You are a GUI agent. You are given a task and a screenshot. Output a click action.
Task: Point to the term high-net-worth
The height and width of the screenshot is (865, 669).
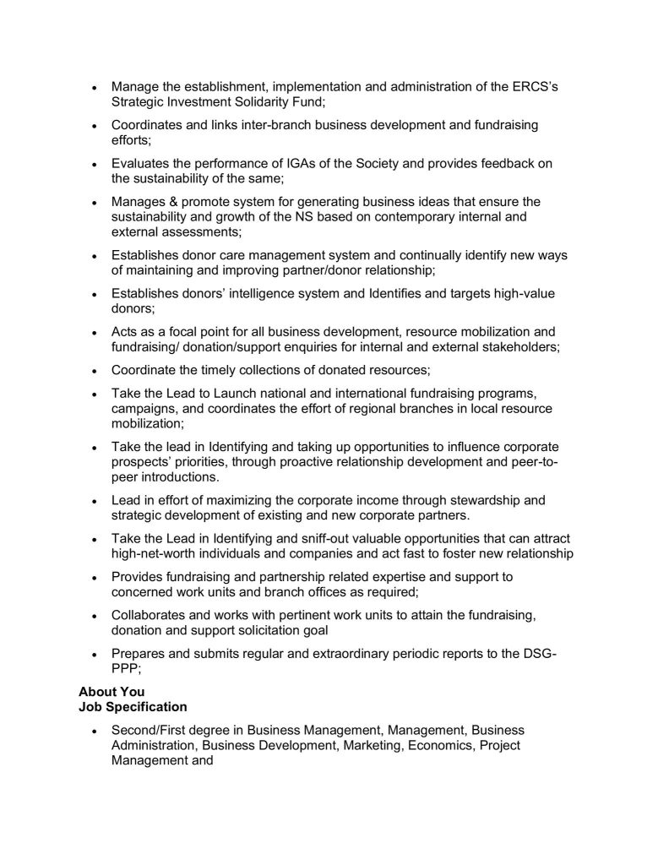pyautogui.click(x=154, y=553)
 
